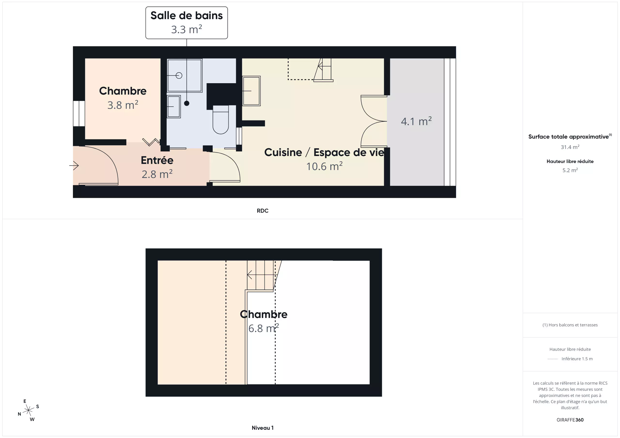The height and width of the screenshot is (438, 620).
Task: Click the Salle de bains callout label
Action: coord(186,23)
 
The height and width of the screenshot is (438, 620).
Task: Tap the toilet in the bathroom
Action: coord(221,120)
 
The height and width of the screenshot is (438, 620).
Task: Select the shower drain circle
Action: coord(179,75)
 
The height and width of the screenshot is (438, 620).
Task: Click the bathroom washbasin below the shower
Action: coord(174,106)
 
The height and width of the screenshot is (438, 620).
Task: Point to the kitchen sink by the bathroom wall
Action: coord(251,91)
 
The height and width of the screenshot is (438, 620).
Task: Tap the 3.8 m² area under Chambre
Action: coord(123,105)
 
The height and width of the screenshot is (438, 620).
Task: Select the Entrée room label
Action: coord(157,160)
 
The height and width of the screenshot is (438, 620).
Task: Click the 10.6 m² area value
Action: coord(324,166)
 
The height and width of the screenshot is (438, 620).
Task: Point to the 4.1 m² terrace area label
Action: coord(416,121)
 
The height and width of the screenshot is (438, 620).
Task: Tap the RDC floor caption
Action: coord(263,211)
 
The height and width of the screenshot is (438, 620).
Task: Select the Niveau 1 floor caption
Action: coord(263,428)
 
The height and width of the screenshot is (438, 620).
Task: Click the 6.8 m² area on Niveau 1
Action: coord(263,328)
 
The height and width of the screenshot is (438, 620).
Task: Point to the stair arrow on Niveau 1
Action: coord(261,275)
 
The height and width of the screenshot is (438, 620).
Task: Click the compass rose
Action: coord(28,410)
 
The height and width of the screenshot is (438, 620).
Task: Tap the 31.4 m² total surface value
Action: coord(570,147)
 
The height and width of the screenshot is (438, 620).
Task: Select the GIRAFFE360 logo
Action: coord(570,420)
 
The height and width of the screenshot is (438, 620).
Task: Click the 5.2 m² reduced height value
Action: coord(570,170)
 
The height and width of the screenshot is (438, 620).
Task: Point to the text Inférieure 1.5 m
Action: coord(577,359)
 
